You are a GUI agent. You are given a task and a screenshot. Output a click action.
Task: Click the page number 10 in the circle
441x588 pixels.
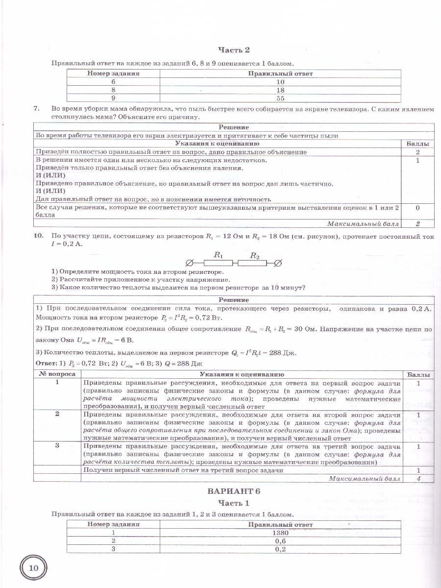coord(33,568)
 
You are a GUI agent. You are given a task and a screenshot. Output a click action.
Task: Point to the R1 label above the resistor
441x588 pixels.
coord(219,255)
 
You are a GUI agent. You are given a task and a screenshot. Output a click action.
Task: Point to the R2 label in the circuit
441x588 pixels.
coord(255,255)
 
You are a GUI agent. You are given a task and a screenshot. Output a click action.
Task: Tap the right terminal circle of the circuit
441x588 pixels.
coord(278,263)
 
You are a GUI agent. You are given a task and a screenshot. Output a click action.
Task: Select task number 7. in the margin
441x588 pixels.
coord(36,109)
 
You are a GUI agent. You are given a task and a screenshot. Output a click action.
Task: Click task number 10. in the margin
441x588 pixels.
coord(39,236)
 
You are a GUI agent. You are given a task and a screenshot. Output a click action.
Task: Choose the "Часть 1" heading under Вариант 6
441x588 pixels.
coord(233,503)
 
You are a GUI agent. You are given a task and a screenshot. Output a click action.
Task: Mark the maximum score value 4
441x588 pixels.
coord(418,478)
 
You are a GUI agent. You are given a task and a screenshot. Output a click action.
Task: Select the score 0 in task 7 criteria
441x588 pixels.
coord(417,208)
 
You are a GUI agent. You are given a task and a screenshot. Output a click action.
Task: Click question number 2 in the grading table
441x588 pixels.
coord(57,414)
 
